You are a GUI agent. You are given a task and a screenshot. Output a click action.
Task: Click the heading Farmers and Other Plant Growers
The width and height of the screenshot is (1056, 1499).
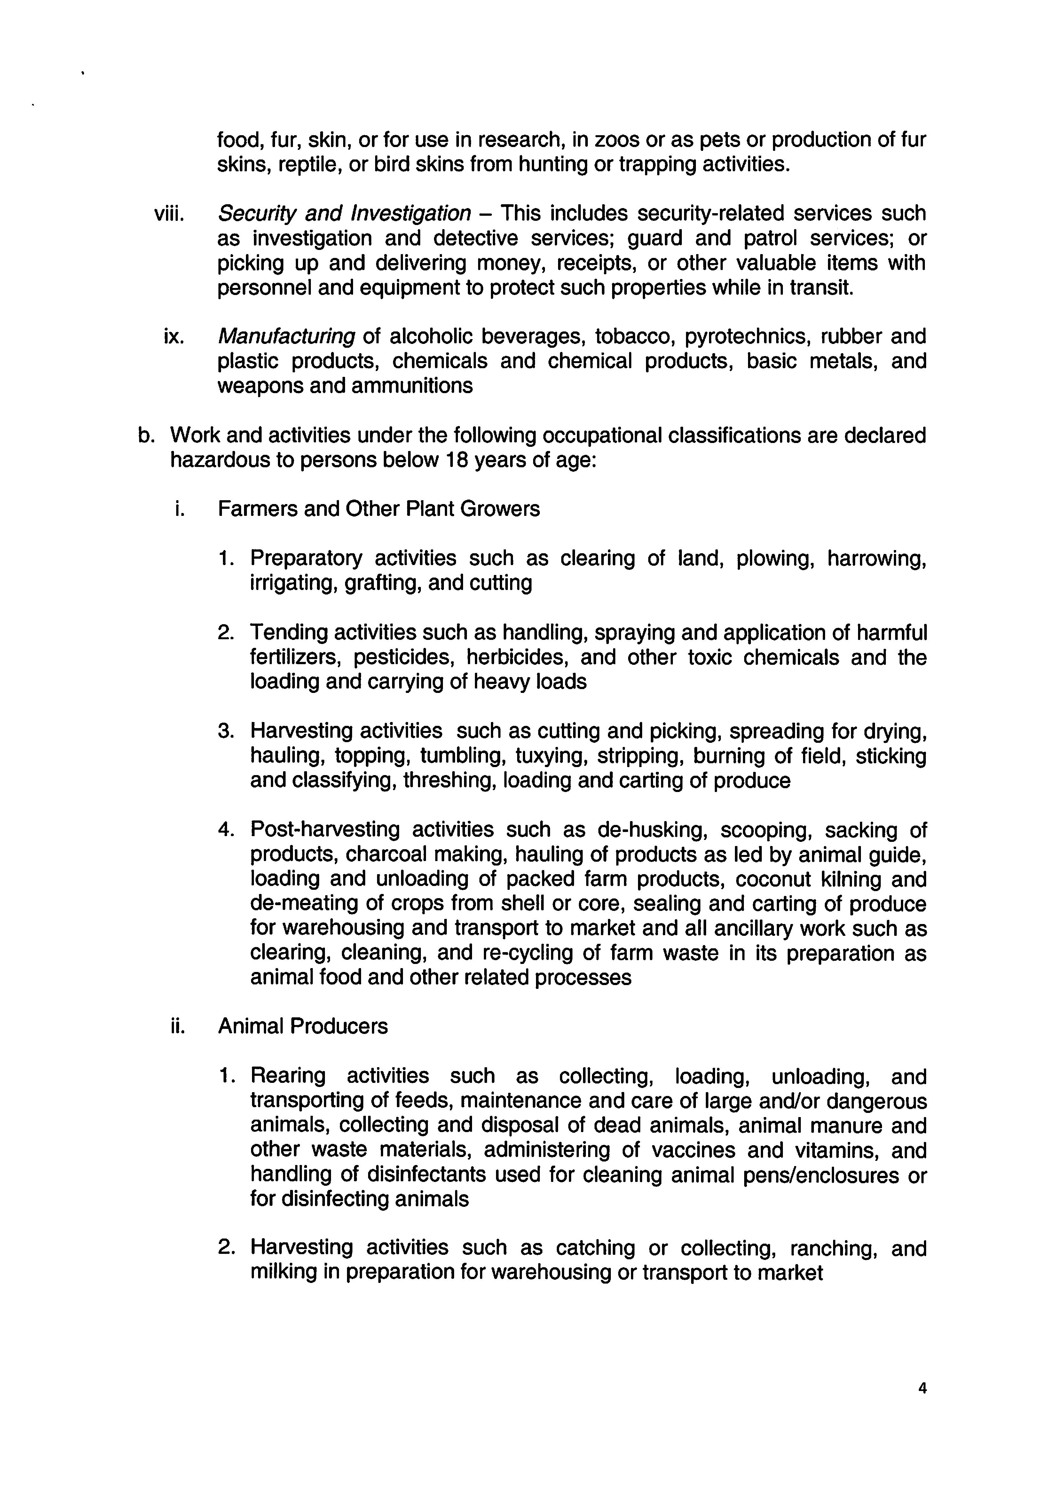pos(379,509)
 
